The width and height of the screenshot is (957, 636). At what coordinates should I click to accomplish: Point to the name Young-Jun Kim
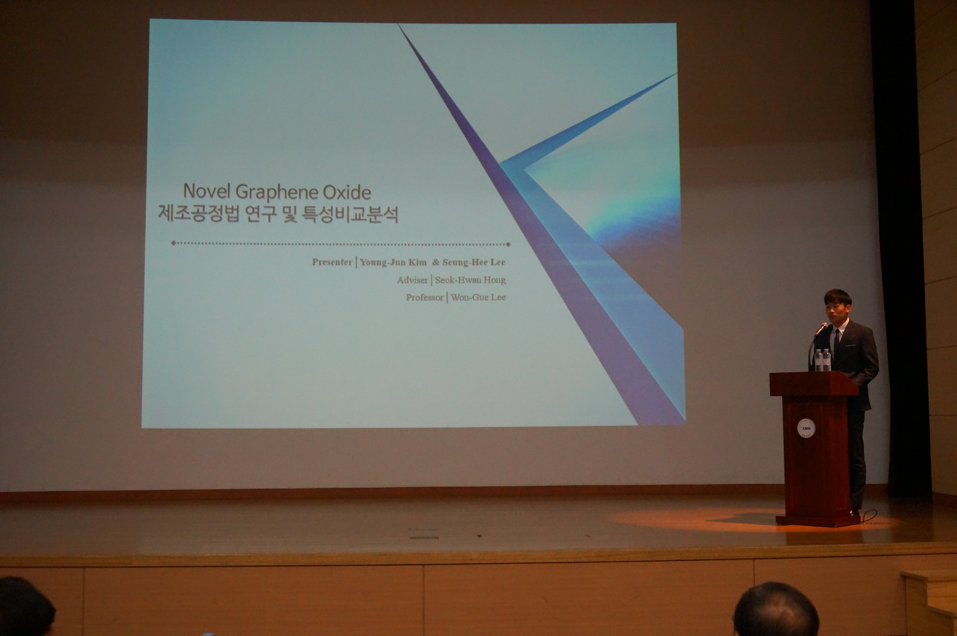tap(393, 262)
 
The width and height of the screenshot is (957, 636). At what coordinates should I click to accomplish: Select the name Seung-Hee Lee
tap(474, 262)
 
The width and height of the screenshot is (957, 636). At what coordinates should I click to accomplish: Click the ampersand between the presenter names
tap(436, 262)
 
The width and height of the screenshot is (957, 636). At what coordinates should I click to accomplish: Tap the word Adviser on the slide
tap(412, 280)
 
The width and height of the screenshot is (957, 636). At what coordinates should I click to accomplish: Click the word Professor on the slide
tap(425, 297)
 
